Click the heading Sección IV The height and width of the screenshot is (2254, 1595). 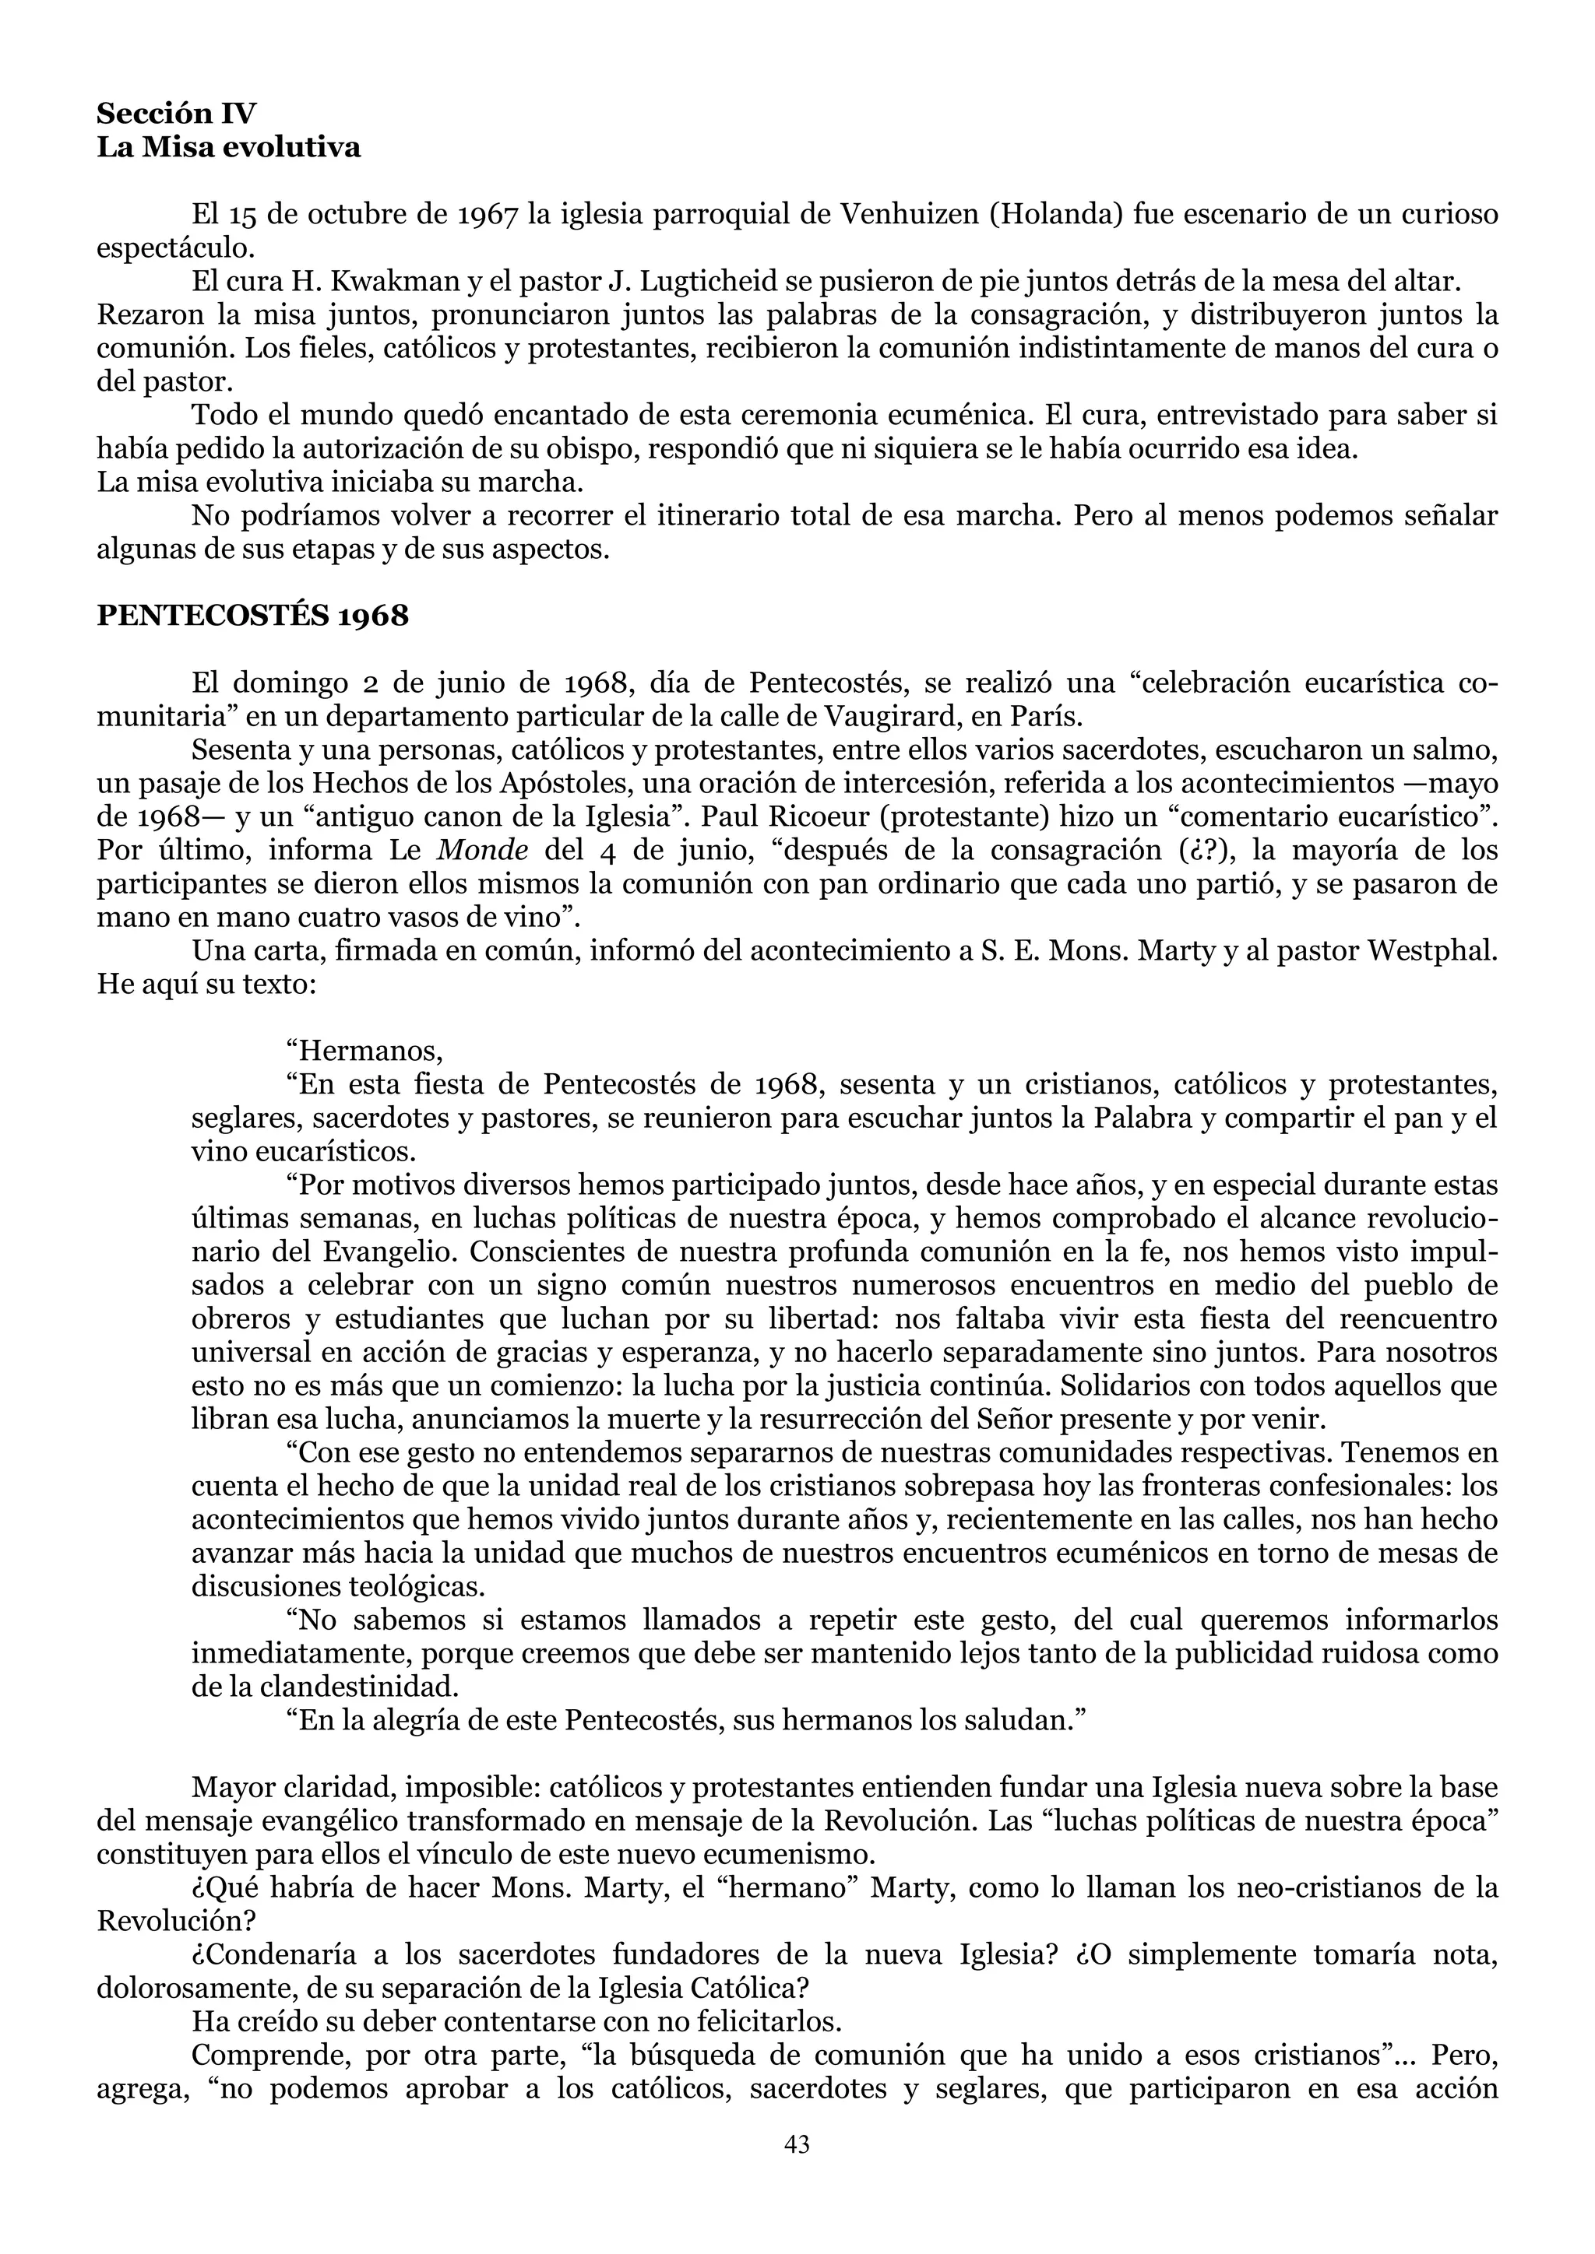[x=176, y=113]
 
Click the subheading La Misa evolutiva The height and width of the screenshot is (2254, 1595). [x=228, y=147]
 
